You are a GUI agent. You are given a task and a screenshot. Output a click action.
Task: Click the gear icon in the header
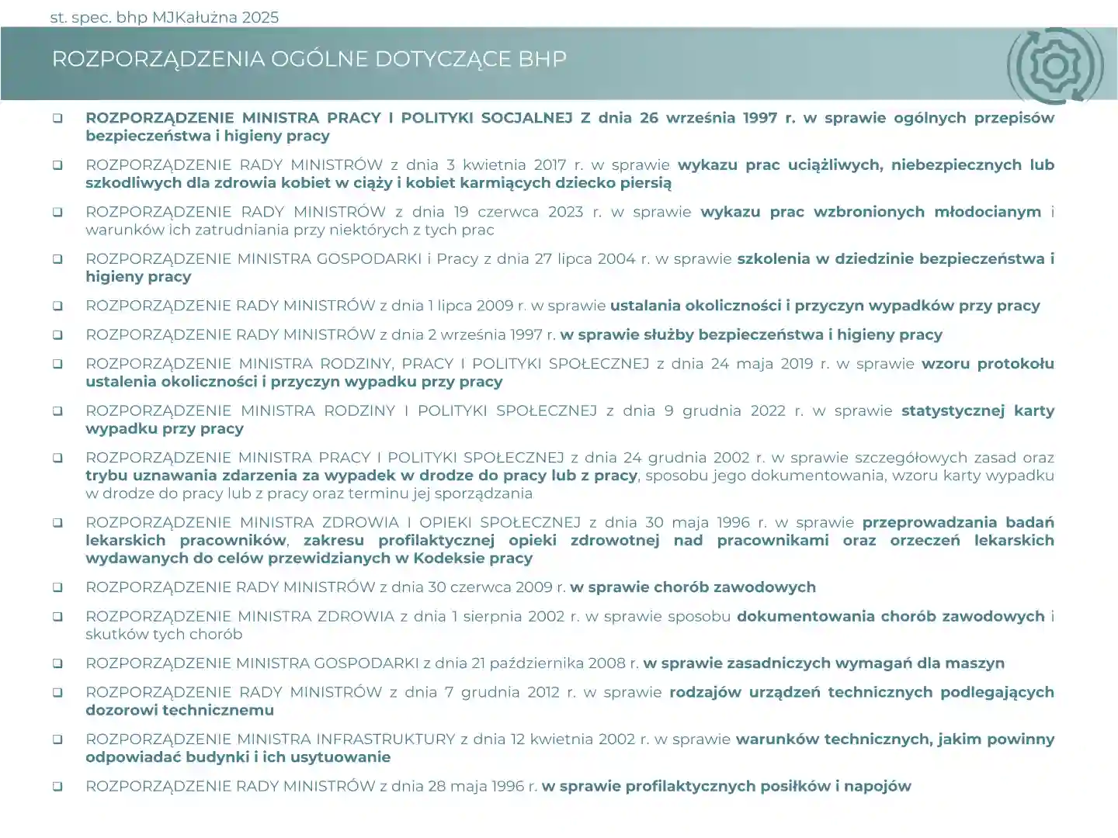coord(1055,66)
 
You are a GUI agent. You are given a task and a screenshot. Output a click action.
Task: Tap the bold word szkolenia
coord(773,259)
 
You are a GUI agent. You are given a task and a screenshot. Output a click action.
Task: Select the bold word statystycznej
coord(953,410)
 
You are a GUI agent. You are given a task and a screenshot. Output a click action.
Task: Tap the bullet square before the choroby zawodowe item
coord(57,587)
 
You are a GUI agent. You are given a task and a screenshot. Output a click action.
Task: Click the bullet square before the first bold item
coord(57,118)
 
